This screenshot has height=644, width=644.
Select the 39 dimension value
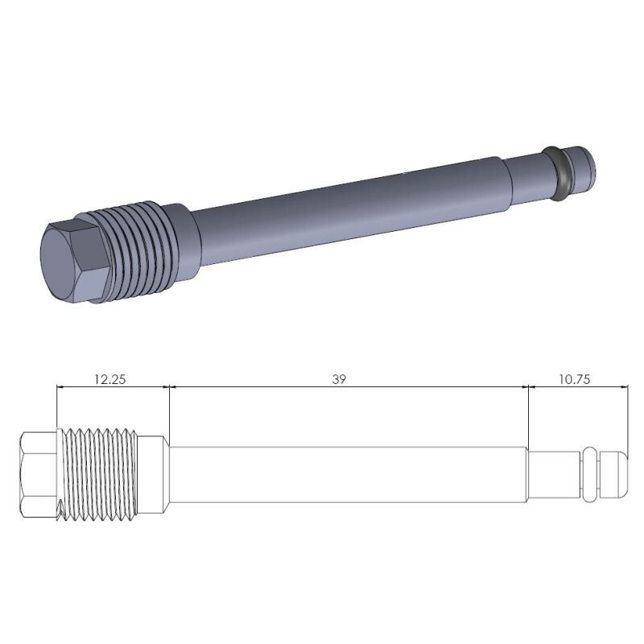click(x=339, y=378)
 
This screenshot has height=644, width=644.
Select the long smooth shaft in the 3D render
click(x=346, y=213)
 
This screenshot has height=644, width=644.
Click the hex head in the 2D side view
click(x=39, y=475)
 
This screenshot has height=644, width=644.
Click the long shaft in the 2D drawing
click(x=346, y=475)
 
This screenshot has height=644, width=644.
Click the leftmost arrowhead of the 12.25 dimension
click(x=61, y=387)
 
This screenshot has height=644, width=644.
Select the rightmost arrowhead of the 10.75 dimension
click(x=624, y=387)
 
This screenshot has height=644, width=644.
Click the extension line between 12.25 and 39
click(x=170, y=411)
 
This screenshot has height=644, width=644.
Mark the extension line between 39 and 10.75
click(x=527, y=419)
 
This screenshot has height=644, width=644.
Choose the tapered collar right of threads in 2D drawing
click(x=155, y=475)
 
